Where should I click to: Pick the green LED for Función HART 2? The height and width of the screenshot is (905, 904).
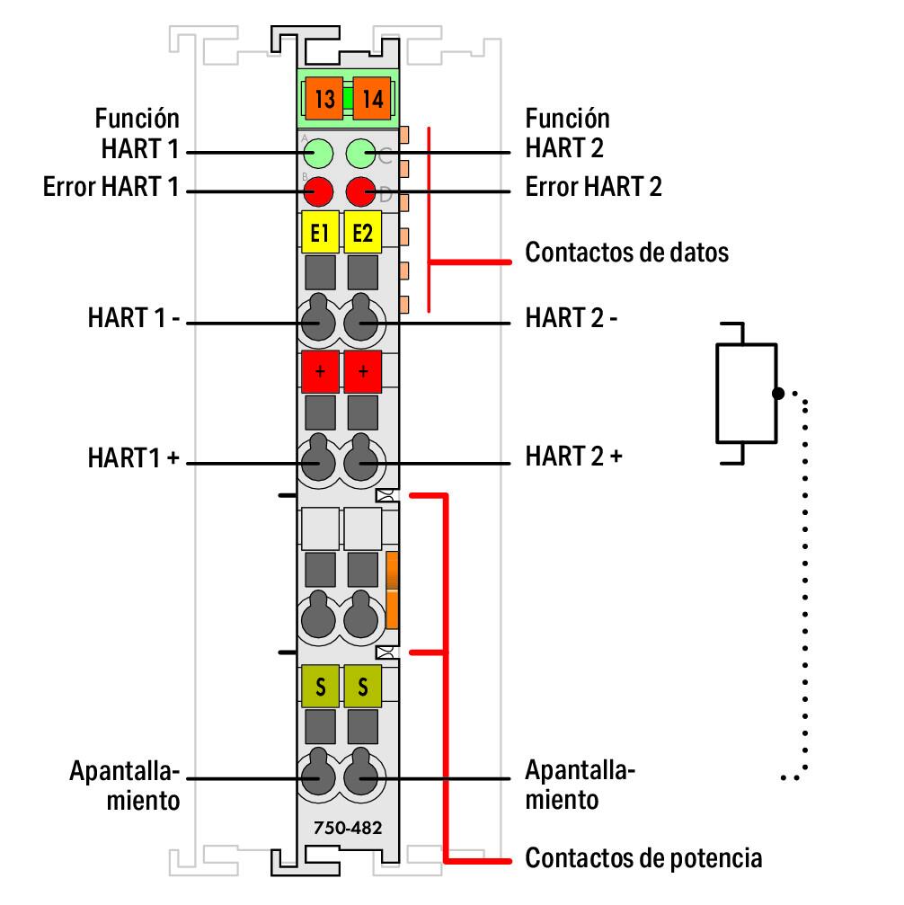tap(362, 153)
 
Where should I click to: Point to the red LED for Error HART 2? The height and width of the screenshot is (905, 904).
tap(362, 191)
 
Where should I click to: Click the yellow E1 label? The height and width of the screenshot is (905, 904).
tap(318, 234)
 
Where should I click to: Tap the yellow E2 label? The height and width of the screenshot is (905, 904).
tap(363, 234)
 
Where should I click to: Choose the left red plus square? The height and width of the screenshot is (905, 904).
tap(319, 371)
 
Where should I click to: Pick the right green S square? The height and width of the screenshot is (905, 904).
tap(363, 689)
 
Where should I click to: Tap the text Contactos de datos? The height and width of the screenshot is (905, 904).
tap(626, 253)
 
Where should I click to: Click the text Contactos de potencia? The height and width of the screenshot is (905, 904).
tap(643, 858)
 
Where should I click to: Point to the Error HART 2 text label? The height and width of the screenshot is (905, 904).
tap(593, 187)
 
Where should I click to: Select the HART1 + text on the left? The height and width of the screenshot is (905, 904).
tap(134, 457)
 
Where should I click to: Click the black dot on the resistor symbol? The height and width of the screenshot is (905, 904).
tap(777, 393)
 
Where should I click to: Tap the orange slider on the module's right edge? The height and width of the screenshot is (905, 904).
tap(392, 590)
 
